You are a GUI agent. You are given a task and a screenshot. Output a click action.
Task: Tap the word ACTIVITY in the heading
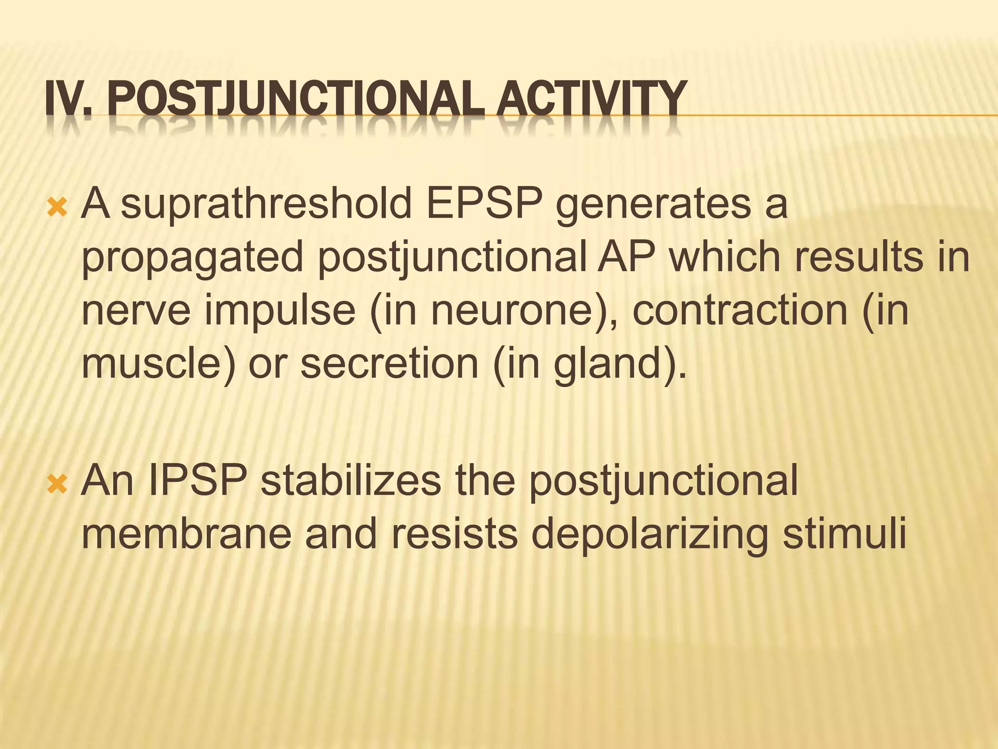pos(590,100)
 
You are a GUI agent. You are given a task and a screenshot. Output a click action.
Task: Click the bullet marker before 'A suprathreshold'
pos(58,209)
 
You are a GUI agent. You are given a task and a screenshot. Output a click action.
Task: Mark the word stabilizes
pos(351,480)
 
